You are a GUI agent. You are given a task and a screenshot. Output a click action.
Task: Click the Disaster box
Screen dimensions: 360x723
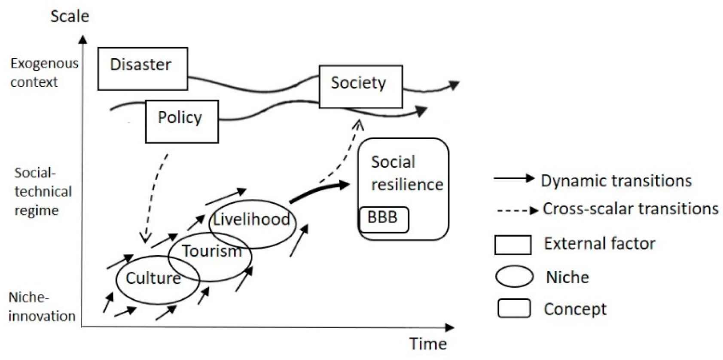(142, 68)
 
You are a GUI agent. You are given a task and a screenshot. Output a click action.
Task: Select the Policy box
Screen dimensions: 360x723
(182, 121)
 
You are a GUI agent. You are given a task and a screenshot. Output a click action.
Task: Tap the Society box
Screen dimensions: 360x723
(360, 86)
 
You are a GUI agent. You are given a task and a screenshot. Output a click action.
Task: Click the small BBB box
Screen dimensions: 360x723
(383, 219)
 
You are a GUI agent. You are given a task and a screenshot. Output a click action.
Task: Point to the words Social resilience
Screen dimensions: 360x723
(406, 173)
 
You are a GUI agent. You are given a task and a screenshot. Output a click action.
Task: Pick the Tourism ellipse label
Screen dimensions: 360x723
(211, 251)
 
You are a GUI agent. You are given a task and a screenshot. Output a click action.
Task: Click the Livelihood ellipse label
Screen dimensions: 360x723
(252, 220)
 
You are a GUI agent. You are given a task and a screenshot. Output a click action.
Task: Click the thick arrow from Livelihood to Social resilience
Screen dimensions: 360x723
(320, 191)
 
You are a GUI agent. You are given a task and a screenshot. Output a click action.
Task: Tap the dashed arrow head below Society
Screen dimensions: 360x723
(358, 125)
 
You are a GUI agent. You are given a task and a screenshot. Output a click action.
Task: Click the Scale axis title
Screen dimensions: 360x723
(70, 16)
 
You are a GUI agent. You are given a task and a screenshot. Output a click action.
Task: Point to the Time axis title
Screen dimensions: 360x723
(427, 344)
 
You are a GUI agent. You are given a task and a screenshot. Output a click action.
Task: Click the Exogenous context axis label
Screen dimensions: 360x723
(44, 73)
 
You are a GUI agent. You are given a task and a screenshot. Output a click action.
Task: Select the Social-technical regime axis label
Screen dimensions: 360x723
(42, 192)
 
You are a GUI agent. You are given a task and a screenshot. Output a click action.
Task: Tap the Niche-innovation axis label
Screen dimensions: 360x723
(42, 307)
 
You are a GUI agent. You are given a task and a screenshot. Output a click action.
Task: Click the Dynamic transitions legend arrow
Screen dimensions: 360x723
(513, 178)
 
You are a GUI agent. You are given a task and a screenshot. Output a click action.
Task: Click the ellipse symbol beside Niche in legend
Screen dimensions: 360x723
(514, 277)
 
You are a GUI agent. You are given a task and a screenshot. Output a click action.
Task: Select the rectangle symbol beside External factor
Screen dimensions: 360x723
(513, 245)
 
